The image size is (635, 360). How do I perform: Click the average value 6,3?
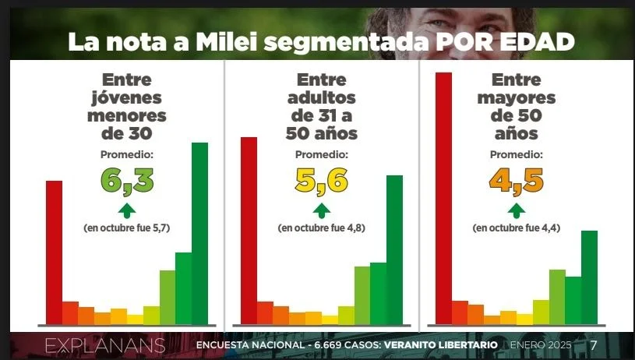coord(127,180)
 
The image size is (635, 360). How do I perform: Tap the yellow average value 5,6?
coord(321,180)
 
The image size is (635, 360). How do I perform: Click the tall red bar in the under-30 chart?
coord(54,251)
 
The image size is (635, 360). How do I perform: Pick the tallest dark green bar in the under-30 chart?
coord(200,232)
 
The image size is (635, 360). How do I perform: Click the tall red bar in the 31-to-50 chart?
coord(249,229)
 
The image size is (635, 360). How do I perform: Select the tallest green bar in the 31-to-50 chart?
coord(395,249)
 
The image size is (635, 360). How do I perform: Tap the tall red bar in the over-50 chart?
coord(443,196)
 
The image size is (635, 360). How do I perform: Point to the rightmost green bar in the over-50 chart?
coord(589,276)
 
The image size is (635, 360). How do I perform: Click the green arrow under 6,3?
coord(127,210)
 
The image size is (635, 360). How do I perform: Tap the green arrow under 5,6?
coord(321,210)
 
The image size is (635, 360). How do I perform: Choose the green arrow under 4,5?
coord(515,210)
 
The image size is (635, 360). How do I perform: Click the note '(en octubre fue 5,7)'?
coord(127,228)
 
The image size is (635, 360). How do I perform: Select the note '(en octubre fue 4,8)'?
coord(321,228)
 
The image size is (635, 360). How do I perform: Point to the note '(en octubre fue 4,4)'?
coord(516,228)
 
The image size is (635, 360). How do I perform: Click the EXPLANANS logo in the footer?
coord(105,345)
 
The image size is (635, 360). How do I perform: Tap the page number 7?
coord(594,345)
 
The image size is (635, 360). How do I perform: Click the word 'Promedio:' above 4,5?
coord(516,154)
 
